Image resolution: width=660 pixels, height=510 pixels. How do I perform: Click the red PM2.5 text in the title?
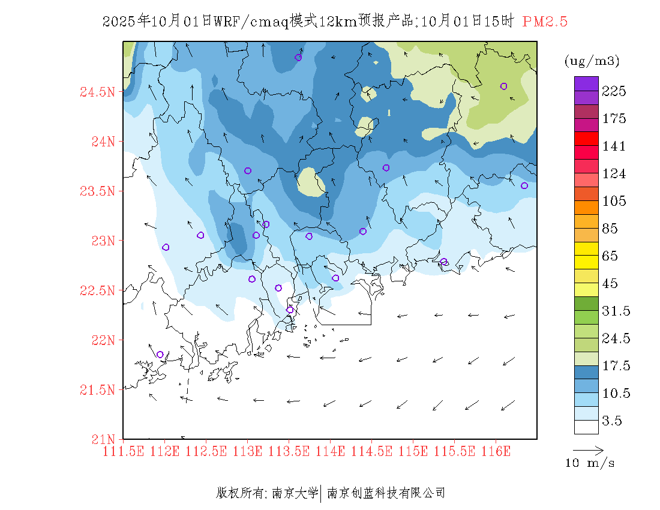coord(545,22)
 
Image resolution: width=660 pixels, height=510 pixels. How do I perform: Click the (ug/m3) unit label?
coord(592,61)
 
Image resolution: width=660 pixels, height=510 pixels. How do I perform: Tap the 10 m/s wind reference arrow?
coord(588,449)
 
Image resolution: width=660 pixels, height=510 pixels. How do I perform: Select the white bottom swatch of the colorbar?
coord(586,427)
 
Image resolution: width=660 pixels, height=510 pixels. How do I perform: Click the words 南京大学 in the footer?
coord(295,493)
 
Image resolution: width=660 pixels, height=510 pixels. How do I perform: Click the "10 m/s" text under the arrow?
coord(590,463)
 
